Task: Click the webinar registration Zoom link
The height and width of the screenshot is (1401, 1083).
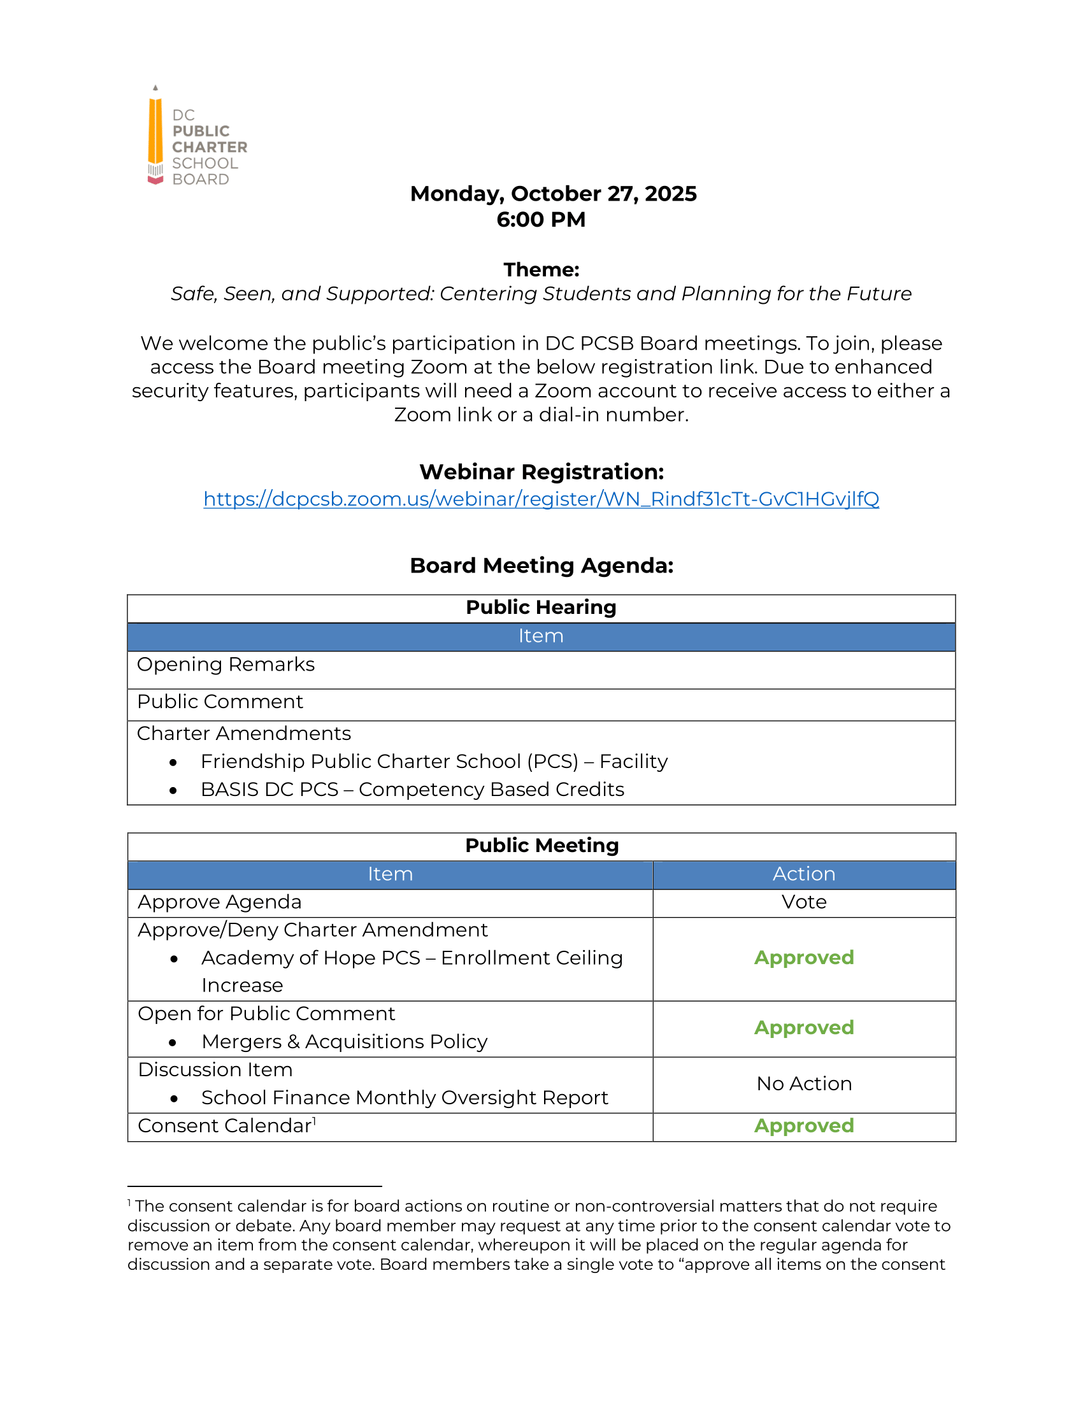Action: (x=541, y=499)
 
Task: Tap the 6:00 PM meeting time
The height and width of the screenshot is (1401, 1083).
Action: (x=541, y=220)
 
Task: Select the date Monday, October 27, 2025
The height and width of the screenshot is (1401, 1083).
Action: (x=553, y=194)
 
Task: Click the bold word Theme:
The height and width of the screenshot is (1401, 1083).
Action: (x=541, y=269)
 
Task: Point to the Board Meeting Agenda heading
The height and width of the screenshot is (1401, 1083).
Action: (x=541, y=565)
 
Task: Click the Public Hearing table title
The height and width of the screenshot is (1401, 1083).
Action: (x=541, y=607)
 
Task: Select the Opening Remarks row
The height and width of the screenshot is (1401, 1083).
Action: (x=226, y=665)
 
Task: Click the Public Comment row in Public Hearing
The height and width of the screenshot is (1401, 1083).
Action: (x=220, y=702)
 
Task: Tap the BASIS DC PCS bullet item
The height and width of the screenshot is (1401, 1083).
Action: (x=412, y=790)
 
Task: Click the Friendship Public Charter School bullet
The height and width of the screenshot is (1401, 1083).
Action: (x=434, y=762)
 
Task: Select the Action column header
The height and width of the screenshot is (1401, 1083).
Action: (x=803, y=874)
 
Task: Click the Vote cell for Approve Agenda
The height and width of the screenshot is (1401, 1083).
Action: (x=803, y=902)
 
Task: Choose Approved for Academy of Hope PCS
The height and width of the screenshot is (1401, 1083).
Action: (x=803, y=958)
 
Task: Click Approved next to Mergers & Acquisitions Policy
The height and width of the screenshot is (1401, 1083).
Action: (x=803, y=1028)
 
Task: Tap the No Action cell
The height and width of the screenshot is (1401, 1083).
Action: (x=803, y=1083)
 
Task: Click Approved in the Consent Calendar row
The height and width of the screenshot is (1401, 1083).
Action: (x=803, y=1126)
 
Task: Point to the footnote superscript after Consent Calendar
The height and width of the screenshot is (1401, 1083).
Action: (x=314, y=1121)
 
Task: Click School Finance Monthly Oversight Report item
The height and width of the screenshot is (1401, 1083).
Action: (x=404, y=1098)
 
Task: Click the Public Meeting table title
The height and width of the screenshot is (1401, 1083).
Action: (x=541, y=846)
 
